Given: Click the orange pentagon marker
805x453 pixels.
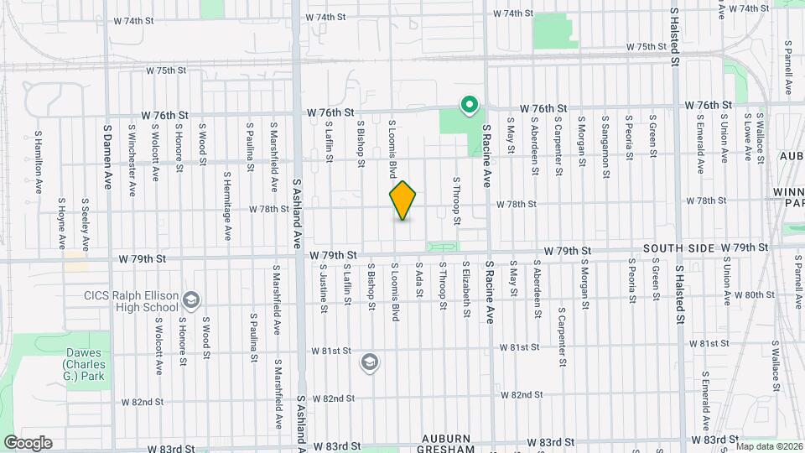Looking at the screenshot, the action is (402, 201).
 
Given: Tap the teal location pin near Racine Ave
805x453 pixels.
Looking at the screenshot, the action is (470, 106).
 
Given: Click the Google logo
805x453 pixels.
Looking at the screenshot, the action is (27, 442).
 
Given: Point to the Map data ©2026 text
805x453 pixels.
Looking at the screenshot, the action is (769, 446).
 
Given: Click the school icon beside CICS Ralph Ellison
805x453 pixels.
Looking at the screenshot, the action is (191, 299).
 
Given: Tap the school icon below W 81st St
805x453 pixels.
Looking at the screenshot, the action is (368, 362).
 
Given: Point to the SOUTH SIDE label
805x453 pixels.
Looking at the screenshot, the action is (679, 248).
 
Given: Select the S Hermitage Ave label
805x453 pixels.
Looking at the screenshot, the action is (227, 206).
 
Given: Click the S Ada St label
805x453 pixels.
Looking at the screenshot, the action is (418, 286).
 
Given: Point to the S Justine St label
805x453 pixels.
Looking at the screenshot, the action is (322, 288).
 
